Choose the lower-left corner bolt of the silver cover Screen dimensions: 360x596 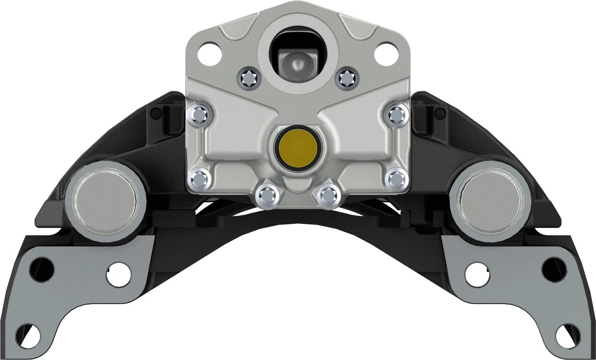click(199, 179)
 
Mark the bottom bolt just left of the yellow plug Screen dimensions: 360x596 click(267, 195)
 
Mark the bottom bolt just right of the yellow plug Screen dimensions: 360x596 click(328, 195)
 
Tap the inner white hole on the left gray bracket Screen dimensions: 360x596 click(119, 273)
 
